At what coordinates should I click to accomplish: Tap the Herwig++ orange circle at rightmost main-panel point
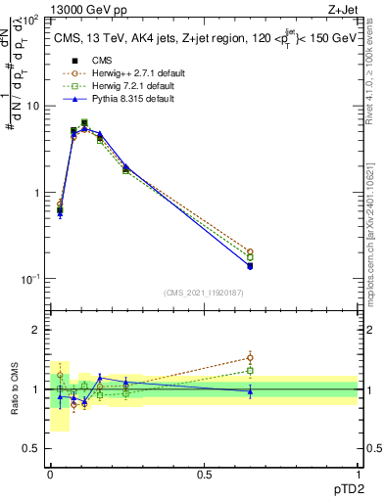(250, 251)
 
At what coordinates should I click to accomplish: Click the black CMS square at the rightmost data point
(250, 265)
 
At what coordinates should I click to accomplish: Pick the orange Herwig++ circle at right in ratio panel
(250, 357)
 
